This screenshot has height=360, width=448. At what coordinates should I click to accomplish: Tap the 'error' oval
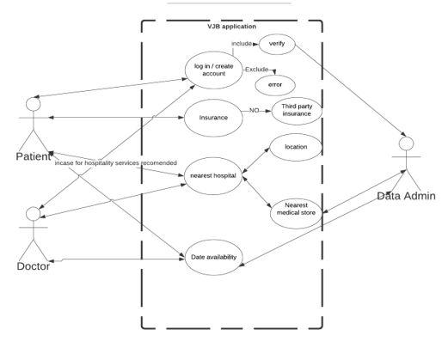(276, 84)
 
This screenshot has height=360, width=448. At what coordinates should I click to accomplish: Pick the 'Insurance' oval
(213, 117)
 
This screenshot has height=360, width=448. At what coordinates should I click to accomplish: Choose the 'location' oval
(295, 147)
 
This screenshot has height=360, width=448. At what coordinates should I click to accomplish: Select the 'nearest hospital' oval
(212, 174)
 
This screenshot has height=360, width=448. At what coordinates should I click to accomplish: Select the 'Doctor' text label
(33, 266)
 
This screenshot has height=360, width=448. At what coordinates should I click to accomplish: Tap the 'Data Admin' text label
(406, 196)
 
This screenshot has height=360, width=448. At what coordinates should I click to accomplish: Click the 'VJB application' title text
(231, 27)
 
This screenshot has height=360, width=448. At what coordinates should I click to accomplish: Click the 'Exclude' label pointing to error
(256, 69)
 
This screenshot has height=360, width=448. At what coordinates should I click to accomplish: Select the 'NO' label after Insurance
(254, 111)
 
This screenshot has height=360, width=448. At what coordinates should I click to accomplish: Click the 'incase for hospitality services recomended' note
(116, 163)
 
